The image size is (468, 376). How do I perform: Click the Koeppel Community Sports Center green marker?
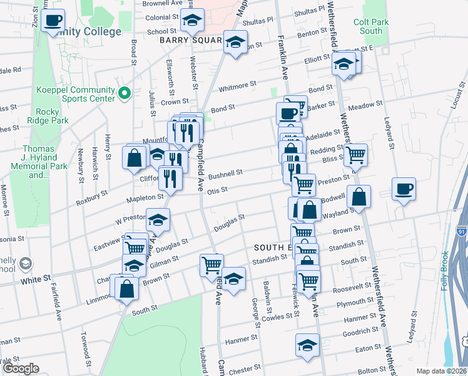[x=125, y=94]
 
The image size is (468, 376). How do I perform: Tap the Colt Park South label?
[x=371, y=26]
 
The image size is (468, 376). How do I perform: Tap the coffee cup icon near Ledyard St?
[x=404, y=189]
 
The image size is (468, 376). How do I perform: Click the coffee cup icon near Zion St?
[x=53, y=21]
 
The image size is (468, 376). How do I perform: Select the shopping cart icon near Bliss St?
[x=356, y=154]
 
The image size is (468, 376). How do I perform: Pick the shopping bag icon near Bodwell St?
[x=360, y=196]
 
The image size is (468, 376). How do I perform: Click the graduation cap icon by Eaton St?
[x=307, y=345]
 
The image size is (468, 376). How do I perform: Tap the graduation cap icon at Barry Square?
[x=235, y=42]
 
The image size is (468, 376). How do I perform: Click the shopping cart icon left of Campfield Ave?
[x=211, y=264]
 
